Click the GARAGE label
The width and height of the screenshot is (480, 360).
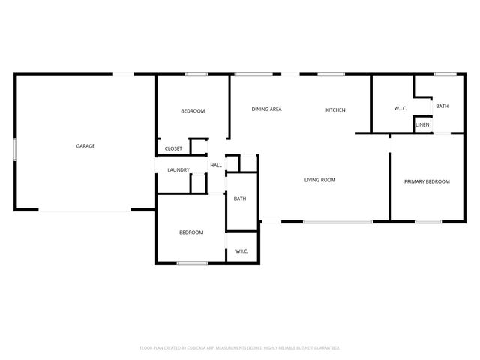pos(85,145)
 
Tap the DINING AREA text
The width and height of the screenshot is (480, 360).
pos(266,109)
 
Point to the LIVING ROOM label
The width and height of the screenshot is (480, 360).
pos(319,180)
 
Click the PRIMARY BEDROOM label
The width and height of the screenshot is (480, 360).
pos(427,181)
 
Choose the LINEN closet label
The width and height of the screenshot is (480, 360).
pos(423,124)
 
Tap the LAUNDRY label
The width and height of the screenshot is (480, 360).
pos(178,169)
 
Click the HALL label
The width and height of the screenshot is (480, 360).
pos(216,166)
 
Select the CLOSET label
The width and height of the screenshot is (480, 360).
pos(173,148)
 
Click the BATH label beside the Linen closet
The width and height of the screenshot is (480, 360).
pos(442,106)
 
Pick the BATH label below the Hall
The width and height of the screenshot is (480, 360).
pos(240,199)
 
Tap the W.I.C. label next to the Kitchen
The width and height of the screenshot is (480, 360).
pos(400,109)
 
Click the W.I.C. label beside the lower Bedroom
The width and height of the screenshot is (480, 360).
pos(241,251)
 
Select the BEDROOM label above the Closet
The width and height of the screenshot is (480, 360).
pos(193,111)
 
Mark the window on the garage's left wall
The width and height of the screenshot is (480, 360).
pos(15,148)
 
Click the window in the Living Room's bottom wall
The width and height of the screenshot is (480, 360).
pos(337,221)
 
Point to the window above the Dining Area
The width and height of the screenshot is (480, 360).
pos(253,73)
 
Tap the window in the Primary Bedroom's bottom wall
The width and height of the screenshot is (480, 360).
pos(427,221)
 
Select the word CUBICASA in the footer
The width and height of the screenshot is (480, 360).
pos(210,348)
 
